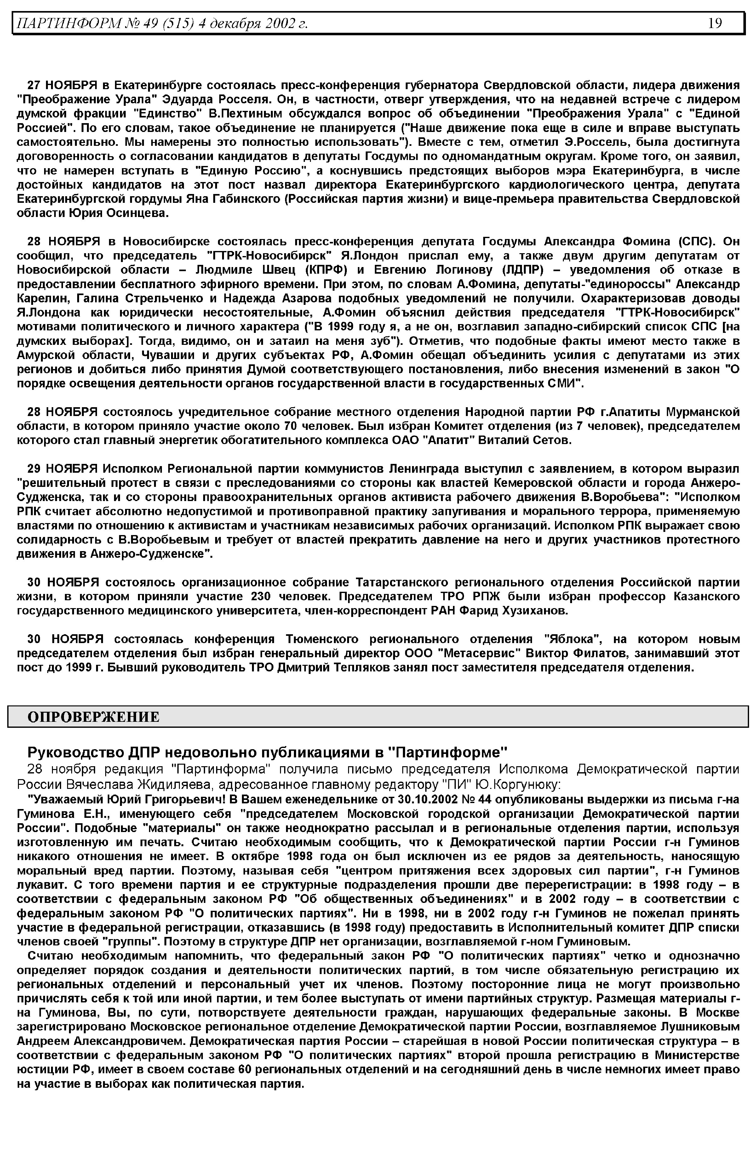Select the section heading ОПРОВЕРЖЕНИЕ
click(93, 717)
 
